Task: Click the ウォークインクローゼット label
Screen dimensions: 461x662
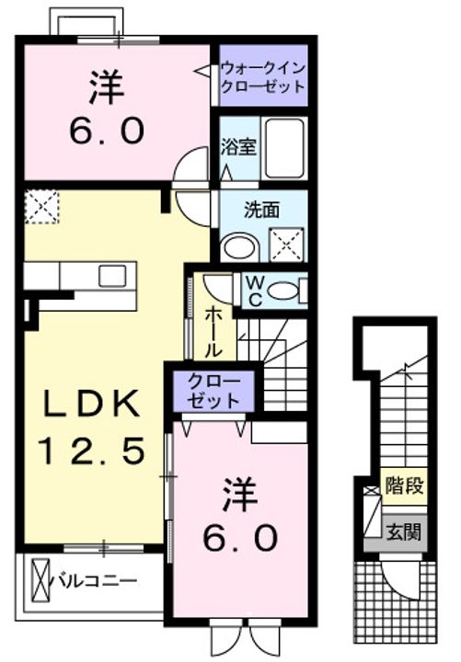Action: pyautogui.click(x=263, y=77)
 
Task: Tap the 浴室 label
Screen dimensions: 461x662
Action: pyautogui.click(x=238, y=146)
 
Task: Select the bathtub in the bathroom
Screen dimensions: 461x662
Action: pyautogui.click(x=284, y=148)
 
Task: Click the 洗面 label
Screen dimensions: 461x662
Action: pyautogui.click(x=262, y=210)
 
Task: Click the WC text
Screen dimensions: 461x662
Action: pyautogui.click(x=254, y=291)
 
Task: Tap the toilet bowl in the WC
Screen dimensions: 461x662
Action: pyautogui.click(x=283, y=291)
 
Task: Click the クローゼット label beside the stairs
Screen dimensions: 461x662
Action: pyautogui.click(x=213, y=391)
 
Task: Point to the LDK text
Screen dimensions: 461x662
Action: pyautogui.click(x=93, y=404)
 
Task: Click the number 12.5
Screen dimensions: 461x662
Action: pyautogui.click(x=92, y=451)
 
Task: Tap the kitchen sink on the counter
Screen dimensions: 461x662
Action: pyautogui.click(x=112, y=276)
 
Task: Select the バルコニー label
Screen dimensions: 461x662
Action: pyautogui.click(x=94, y=580)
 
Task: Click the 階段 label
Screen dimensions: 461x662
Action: pyautogui.click(x=404, y=486)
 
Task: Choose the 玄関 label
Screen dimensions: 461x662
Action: pyautogui.click(x=404, y=532)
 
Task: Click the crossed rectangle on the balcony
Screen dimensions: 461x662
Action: pyautogui.click(x=41, y=580)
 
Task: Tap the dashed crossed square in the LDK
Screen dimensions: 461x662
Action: pyautogui.click(x=41, y=206)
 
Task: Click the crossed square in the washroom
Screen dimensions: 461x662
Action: pyautogui.click(x=287, y=244)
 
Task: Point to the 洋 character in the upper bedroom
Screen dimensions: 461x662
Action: pyautogui.click(x=106, y=88)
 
